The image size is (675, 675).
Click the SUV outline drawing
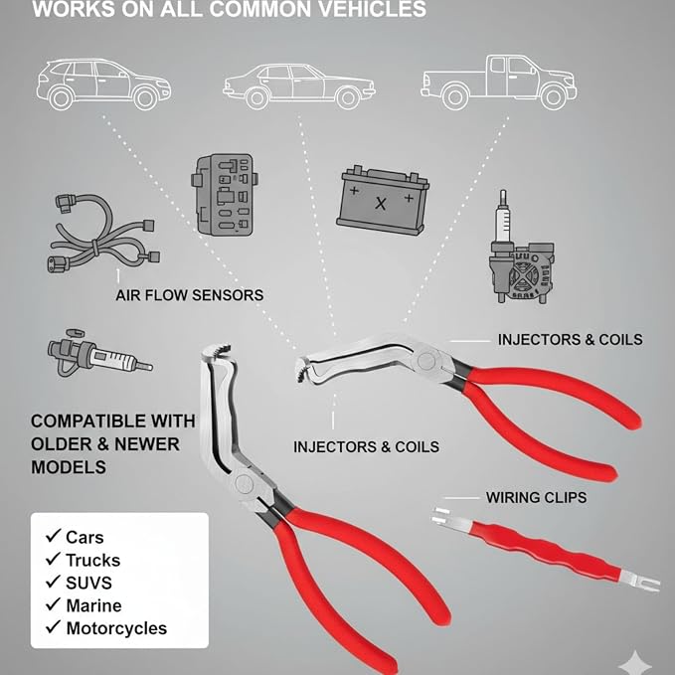click(103, 84)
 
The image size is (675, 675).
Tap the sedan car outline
click(299, 86)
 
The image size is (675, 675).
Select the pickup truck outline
click(498, 82)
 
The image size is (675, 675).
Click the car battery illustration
click(383, 200)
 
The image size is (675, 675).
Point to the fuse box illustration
click(225, 194)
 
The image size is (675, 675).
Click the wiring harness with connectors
click(102, 233)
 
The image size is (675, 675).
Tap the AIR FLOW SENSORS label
click(190, 295)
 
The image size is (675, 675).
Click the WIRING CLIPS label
click(536, 498)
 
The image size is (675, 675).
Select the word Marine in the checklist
click(93, 605)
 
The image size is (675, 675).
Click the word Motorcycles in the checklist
click(116, 628)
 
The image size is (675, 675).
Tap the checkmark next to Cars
click(53, 536)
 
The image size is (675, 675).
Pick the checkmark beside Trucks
click(53, 559)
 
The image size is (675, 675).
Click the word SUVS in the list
click(88, 583)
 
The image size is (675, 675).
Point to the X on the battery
click(380, 203)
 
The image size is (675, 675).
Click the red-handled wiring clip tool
click(546, 549)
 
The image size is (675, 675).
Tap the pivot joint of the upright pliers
click(244, 482)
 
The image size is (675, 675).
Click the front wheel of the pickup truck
click(553, 96)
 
